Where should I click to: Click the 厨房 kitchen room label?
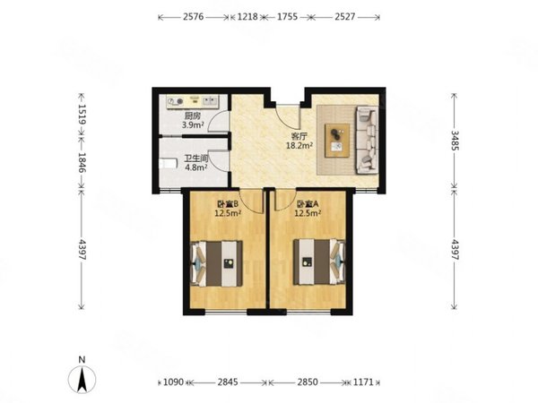(x=193, y=116)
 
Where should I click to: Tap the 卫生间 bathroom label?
(x=196, y=159)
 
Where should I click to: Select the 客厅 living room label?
(x=299, y=136)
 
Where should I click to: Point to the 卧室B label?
(x=227, y=204)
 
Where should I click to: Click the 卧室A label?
(x=308, y=204)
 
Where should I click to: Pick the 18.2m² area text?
(x=299, y=146)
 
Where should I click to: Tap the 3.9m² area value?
(x=193, y=124)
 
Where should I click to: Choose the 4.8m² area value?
(x=195, y=167)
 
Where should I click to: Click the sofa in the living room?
(x=367, y=141)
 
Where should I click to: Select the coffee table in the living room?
(x=337, y=141)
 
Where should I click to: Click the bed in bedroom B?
(x=216, y=263)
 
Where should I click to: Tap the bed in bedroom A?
(x=319, y=262)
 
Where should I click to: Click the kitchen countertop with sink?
(x=193, y=101)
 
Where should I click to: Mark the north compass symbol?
(x=82, y=376)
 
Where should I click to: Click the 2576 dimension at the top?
(x=193, y=17)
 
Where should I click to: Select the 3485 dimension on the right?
(x=455, y=141)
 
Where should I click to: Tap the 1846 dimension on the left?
(x=82, y=162)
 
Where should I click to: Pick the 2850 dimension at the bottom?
(x=308, y=382)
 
